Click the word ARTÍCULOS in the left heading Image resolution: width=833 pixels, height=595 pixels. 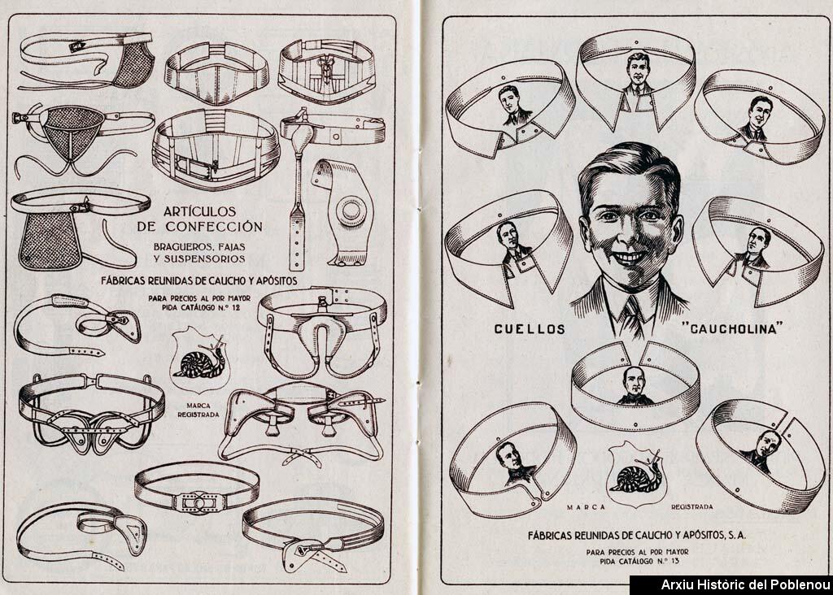pyautogui.click(x=199, y=211)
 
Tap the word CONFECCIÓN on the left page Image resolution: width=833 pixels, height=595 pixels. pyautogui.click(x=214, y=227)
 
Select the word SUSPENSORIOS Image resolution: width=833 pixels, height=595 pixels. pyautogui.click(x=204, y=259)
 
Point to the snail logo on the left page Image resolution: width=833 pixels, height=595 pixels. pyautogui.click(x=199, y=358)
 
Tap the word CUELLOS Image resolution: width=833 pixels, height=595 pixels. pyautogui.click(x=530, y=329)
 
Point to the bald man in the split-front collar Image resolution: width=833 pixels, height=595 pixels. pyautogui.click(x=635, y=386)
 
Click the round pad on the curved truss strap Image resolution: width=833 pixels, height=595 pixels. pyautogui.click(x=351, y=211)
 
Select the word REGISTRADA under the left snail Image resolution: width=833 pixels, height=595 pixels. pyautogui.click(x=198, y=414)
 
